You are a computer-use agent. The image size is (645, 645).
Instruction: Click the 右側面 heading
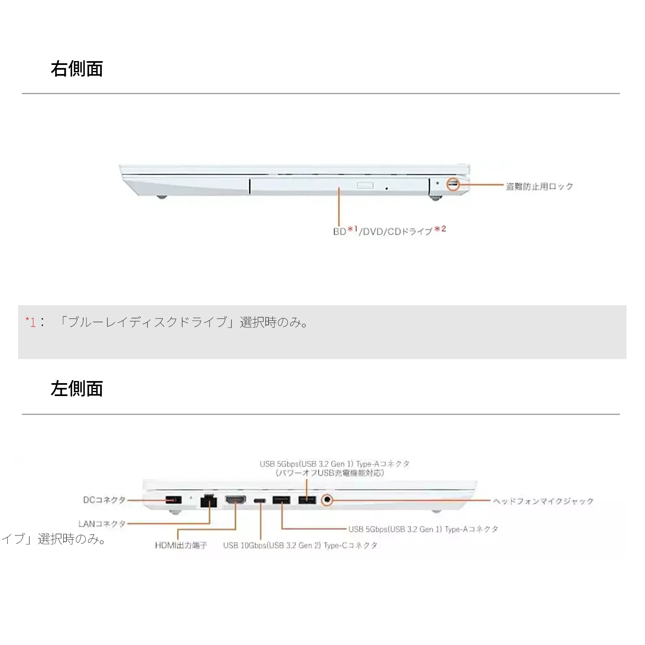[x=77, y=69]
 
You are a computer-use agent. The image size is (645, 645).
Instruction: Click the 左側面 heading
[x=77, y=389]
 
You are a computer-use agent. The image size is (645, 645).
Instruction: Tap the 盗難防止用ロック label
[x=539, y=186]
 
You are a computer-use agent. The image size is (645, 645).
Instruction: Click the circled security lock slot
[x=453, y=184]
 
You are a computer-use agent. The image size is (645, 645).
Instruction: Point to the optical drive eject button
[x=365, y=185]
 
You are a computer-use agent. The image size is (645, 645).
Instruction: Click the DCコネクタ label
[x=104, y=500]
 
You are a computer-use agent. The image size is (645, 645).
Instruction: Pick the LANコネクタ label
[x=102, y=524]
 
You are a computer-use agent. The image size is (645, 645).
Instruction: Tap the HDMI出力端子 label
[x=181, y=545]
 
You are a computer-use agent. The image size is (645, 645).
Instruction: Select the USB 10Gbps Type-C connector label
[x=300, y=545]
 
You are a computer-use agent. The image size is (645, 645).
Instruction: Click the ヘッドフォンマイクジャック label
[x=543, y=501]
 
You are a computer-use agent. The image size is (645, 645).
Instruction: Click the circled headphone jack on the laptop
[x=327, y=500]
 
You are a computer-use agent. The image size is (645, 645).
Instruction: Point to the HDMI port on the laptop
[x=236, y=500]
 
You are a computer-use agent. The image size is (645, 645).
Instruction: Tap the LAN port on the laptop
[x=209, y=501]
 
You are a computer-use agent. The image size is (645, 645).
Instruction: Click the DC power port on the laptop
[x=173, y=500]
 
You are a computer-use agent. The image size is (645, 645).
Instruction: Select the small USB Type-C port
[x=260, y=501]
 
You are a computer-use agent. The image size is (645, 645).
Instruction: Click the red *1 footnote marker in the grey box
[x=31, y=322]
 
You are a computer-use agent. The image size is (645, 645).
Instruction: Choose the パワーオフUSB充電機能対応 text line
[x=330, y=473]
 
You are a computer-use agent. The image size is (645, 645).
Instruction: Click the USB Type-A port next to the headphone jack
[x=307, y=500]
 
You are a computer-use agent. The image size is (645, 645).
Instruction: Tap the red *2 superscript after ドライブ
[x=440, y=229]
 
